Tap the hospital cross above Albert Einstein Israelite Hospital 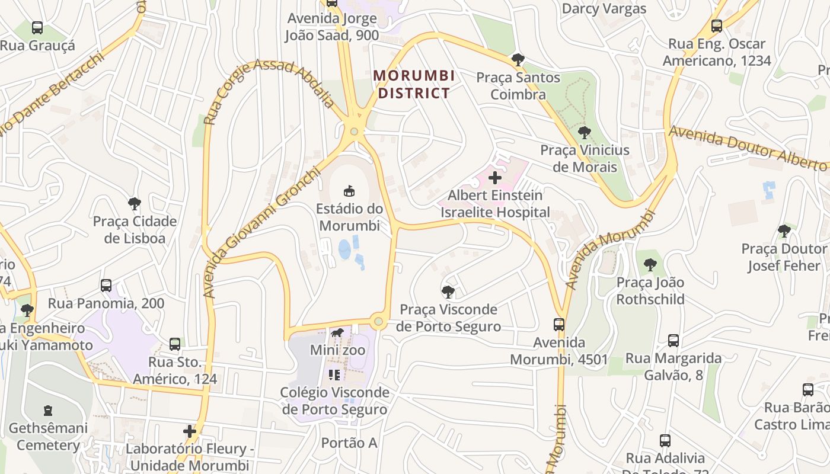tap(494, 177)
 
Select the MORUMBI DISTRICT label tap(414, 84)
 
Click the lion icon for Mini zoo tap(337, 333)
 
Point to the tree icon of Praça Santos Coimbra tap(518, 59)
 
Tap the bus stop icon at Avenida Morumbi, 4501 tap(559, 324)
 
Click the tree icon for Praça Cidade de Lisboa tap(135, 204)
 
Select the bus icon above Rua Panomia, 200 tap(106, 286)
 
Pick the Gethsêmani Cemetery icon tap(48, 410)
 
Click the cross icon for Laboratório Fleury tap(190, 431)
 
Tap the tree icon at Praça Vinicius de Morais tap(584, 133)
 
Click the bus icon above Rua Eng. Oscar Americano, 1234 tap(716, 26)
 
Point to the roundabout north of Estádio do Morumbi tap(354, 132)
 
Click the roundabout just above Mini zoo tap(378, 322)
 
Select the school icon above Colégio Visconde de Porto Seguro tap(334, 374)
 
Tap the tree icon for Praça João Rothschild tap(650, 265)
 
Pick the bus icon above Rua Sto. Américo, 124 tap(174, 344)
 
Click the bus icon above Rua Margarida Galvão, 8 tap(673, 340)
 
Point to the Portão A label tap(349, 443)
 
